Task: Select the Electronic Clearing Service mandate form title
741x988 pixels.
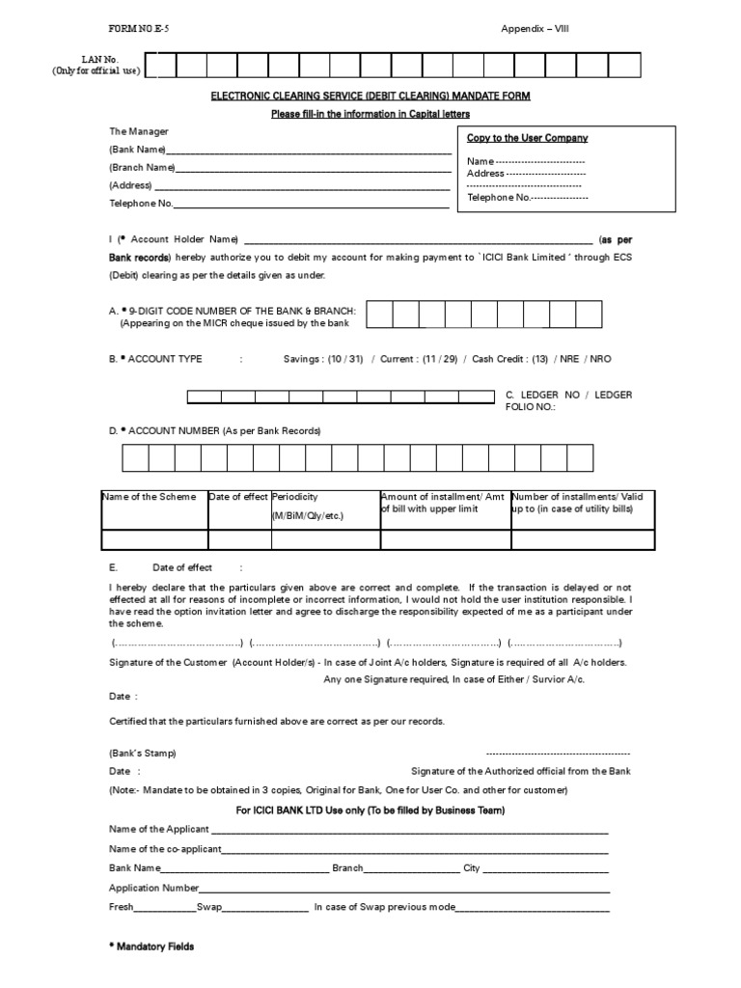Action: point(370,96)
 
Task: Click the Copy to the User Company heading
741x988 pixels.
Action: point(527,138)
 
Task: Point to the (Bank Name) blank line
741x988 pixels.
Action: point(308,150)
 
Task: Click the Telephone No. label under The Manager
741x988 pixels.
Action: point(140,203)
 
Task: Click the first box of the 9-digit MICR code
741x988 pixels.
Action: point(379,315)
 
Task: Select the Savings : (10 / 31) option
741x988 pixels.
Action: point(322,359)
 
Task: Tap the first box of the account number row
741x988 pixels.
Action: point(134,456)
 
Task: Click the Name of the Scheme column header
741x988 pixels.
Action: point(149,497)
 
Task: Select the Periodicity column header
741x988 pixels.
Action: point(295,497)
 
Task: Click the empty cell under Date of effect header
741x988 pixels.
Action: point(239,539)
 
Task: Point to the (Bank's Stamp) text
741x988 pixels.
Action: point(142,753)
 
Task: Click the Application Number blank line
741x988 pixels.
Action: point(403,887)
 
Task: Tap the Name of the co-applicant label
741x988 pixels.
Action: point(165,848)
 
